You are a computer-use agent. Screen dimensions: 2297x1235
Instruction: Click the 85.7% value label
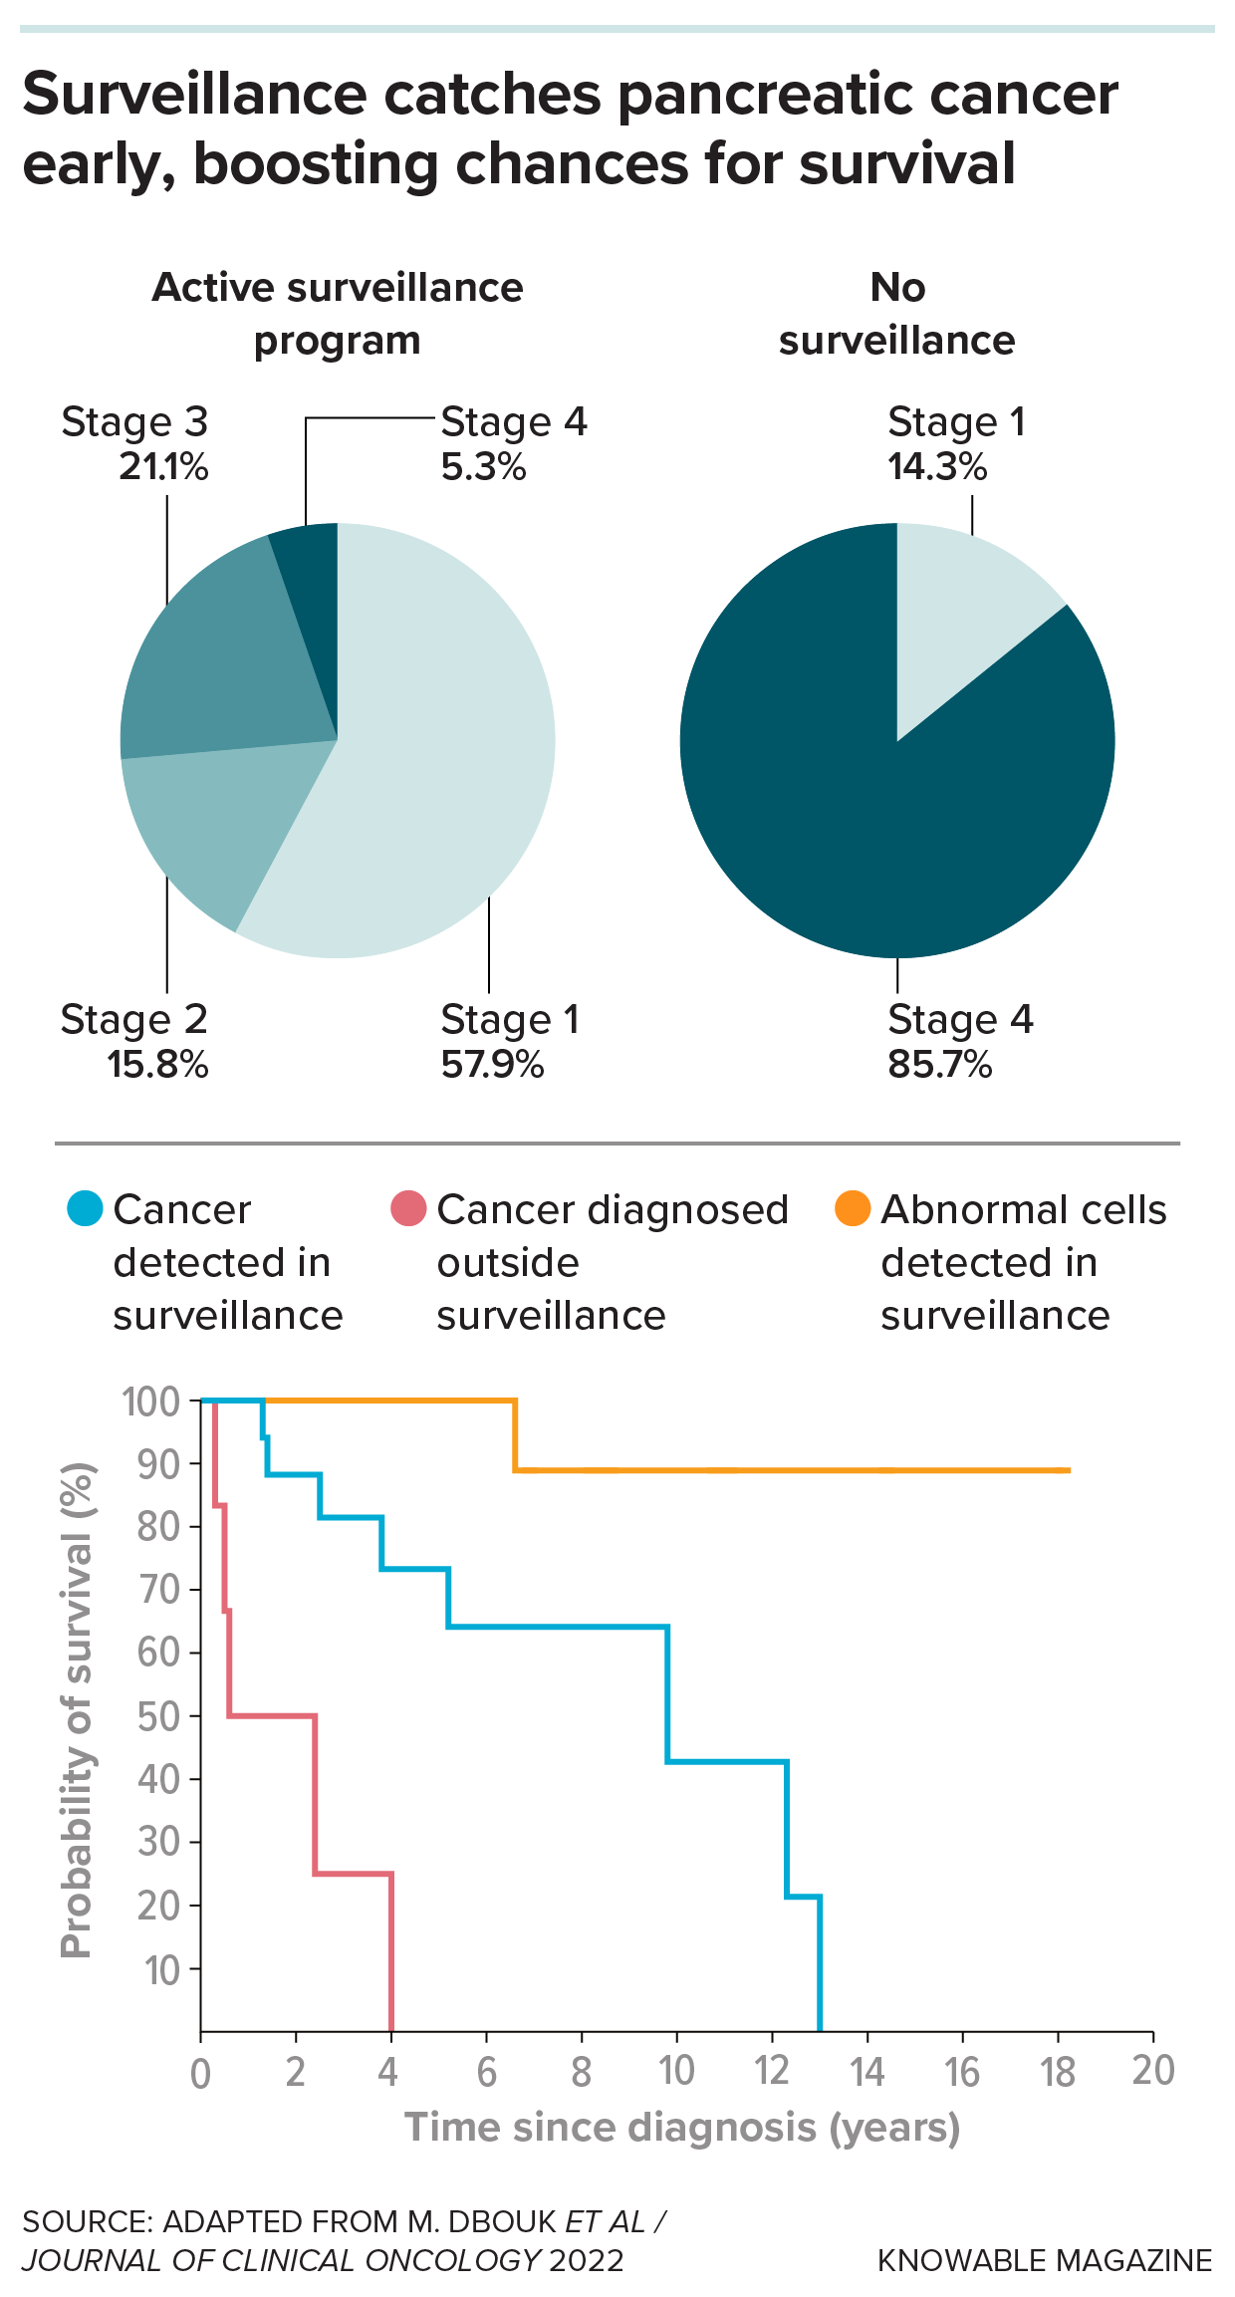[x=939, y=1065]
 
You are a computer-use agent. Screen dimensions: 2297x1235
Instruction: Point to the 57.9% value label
[x=492, y=1065]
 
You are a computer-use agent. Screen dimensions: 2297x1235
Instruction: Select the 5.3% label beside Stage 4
[x=483, y=467]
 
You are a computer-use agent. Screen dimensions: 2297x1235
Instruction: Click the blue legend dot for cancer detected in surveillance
[x=85, y=1208]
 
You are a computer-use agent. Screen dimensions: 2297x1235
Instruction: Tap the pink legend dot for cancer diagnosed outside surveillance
[x=408, y=1208]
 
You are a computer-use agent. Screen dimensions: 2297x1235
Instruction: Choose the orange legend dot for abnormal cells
[x=853, y=1208]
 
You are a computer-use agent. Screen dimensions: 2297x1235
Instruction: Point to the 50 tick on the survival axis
[x=158, y=1716]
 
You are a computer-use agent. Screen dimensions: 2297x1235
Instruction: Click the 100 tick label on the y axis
[x=150, y=1402]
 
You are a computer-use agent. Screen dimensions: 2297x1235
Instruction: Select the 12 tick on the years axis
[x=772, y=2072]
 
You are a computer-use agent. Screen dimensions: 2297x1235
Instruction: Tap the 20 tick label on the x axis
[x=1153, y=2072]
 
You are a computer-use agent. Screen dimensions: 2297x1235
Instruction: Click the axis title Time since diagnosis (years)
[x=682, y=2128]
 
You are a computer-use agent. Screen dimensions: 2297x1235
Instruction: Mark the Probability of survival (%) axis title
[x=77, y=1709]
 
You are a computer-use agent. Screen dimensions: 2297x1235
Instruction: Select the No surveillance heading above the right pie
[x=896, y=314]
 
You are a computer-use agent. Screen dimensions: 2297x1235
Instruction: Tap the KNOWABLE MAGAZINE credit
[x=1044, y=2260]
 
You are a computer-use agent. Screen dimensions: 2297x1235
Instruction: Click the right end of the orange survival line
[x=1068, y=1470]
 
